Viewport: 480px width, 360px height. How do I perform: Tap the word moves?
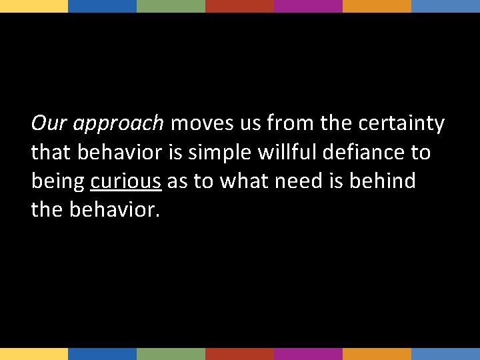(x=203, y=124)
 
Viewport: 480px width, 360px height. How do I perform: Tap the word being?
(x=58, y=181)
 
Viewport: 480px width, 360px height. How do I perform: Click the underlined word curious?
(x=126, y=181)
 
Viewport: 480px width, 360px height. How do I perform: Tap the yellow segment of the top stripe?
(x=34, y=6)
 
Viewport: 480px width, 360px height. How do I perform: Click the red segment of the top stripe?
(x=239, y=6)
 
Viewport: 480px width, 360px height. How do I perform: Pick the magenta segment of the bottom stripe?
(x=308, y=354)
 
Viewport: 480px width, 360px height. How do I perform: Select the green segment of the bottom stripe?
(x=171, y=354)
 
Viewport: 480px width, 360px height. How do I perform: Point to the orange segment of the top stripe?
(x=377, y=6)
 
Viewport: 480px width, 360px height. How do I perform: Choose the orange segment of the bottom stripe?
(x=377, y=354)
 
